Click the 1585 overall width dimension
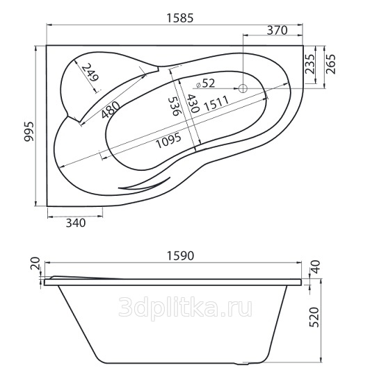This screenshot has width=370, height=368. click(180, 17)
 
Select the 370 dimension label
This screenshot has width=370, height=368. click(277, 30)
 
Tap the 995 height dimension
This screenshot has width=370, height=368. click(29, 131)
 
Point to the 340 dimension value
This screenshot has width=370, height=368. click(76, 223)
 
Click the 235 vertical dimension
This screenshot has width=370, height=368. click(309, 64)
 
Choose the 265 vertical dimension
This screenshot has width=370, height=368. click(330, 64)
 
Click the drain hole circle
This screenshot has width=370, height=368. click(243, 89)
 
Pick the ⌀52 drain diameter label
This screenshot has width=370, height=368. click(206, 83)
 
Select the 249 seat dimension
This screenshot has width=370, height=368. click(90, 72)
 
